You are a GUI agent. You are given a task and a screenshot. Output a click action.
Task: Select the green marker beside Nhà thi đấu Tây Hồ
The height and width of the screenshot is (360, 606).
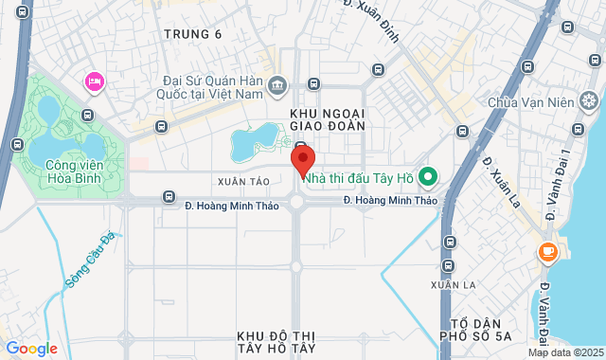[x=427, y=175]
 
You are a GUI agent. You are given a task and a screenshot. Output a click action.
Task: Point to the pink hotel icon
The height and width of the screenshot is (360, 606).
[x=94, y=81]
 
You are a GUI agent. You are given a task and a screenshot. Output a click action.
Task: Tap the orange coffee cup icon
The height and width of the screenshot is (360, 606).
[x=547, y=252]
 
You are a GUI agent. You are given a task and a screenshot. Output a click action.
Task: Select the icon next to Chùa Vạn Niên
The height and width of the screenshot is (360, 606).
[x=589, y=100]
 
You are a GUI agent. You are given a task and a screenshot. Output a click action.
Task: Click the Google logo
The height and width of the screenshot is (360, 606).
[x=30, y=349]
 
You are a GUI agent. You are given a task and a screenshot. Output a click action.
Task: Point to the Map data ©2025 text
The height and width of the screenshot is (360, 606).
[x=565, y=353]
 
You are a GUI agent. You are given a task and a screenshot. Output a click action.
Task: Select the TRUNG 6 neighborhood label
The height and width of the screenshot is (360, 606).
[x=192, y=35]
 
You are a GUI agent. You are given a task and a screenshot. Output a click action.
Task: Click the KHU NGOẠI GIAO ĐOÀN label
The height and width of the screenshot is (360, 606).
[x=328, y=120]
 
